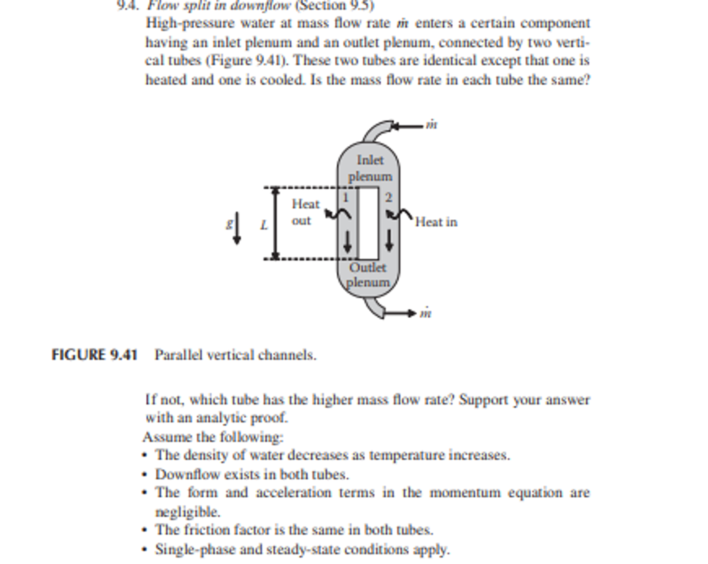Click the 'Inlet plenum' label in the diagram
(370, 168)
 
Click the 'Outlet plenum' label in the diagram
(368, 275)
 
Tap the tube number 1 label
(345, 197)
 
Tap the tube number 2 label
(388, 197)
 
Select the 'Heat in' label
(436, 222)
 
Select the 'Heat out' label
(305, 212)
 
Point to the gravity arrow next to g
(237, 229)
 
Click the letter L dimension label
(264, 225)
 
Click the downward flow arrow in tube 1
(348, 242)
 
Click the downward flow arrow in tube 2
(389, 241)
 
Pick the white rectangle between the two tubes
(368, 223)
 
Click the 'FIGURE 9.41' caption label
(94, 355)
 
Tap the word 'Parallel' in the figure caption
(175, 355)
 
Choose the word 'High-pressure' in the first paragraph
(190, 23)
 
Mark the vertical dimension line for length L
(276, 223)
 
